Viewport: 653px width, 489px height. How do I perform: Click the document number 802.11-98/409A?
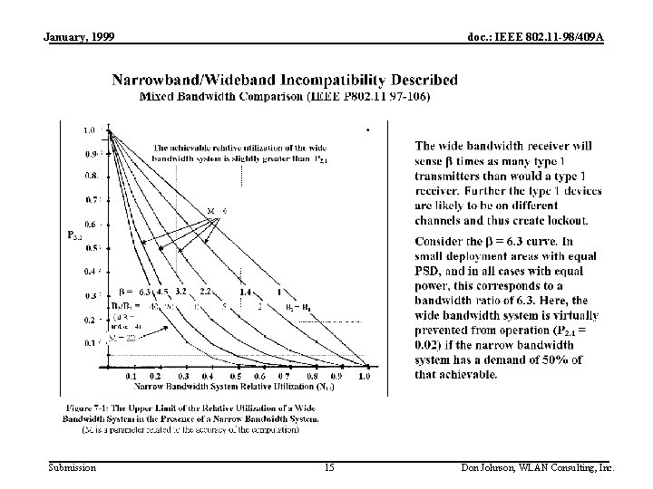click(x=564, y=36)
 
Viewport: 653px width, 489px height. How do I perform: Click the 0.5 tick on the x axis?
click(x=236, y=376)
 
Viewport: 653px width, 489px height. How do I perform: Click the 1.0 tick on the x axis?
click(x=365, y=376)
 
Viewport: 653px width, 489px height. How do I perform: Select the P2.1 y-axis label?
click(x=76, y=235)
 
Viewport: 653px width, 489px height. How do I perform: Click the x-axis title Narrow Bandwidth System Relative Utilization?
click(x=210, y=387)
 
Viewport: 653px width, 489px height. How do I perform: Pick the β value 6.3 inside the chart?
click(x=145, y=292)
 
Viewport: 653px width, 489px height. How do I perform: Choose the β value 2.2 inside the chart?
click(x=205, y=292)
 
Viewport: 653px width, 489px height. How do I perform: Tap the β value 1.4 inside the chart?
click(x=245, y=292)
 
